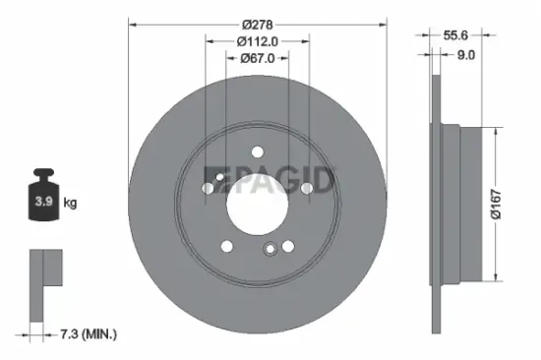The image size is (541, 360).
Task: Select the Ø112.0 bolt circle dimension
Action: coord(258,41)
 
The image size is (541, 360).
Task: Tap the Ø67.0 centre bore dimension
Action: coord(258,58)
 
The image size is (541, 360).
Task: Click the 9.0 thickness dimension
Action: coord(466,56)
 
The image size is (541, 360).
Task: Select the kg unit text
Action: coord(70,203)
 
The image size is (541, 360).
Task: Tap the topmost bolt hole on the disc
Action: coord(257,150)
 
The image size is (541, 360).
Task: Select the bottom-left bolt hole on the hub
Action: coord(226,245)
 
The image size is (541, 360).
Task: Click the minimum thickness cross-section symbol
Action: coord(44,285)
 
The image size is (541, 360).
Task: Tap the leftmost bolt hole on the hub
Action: coord(208,185)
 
